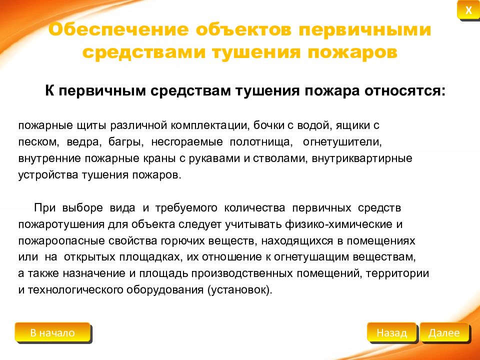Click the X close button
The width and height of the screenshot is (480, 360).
coord(468,10)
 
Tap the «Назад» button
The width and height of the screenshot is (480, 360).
coord(391,333)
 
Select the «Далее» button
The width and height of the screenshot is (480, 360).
coord(444,333)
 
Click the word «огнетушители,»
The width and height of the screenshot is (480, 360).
coord(342,142)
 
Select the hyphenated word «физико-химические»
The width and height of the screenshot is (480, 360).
coord(344,224)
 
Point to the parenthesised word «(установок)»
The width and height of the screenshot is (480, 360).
coord(238,290)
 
